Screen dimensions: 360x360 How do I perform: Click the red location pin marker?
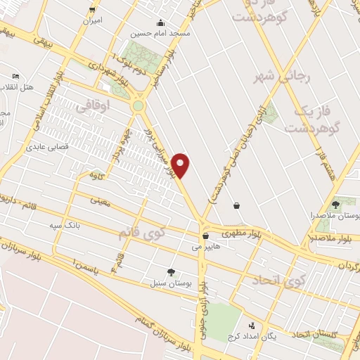pyautogui.click(x=181, y=166)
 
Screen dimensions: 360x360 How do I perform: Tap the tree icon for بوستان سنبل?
pyautogui.click(x=171, y=272)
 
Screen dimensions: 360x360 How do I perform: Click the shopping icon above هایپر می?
pyautogui.click(x=205, y=236)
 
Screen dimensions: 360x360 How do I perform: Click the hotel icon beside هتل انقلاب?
pyautogui.click(x=16, y=76)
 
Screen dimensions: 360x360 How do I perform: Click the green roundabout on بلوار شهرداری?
pyautogui.click(x=138, y=105)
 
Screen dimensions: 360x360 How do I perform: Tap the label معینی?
pyautogui.click(x=100, y=200)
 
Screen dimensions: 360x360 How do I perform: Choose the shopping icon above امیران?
pyautogui.click(x=92, y=10)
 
